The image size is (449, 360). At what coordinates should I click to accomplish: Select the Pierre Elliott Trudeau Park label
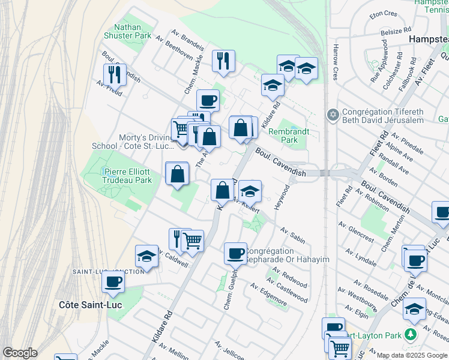tap(127, 175)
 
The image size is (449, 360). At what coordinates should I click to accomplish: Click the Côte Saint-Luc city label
tap(90, 304)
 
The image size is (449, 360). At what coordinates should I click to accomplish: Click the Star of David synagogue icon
tap(333, 114)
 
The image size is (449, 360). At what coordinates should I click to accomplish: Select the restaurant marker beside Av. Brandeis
tap(223, 61)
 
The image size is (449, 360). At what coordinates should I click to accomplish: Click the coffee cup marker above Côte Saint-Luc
tap(113, 282)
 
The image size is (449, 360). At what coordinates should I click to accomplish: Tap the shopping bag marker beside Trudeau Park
tap(178, 174)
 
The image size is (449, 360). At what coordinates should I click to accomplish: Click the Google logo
tap(20, 352)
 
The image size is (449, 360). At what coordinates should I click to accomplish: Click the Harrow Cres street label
tap(336, 62)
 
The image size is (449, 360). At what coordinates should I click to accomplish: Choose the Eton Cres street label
tap(384, 13)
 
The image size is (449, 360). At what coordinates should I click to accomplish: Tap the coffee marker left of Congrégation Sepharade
tap(235, 253)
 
